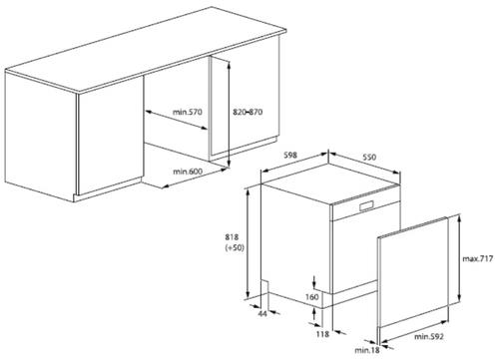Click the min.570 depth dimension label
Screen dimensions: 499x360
pyautogui.click(x=188, y=112)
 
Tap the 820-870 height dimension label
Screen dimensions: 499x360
pyautogui.click(x=248, y=112)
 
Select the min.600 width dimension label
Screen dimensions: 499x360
pyautogui.click(x=188, y=172)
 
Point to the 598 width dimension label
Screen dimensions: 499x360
pyautogui.click(x=290, y=156)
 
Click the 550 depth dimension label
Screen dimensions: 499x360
pyautogui.click(x=369, y=157)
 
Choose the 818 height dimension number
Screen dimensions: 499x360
pyautogui.click(x=232, y=237)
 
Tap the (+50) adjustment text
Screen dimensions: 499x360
pyautogui.click(x=235, y=247)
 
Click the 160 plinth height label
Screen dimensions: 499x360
pyautogui.click(x=312, y=297)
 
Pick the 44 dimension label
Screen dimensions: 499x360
pyautogui.click(x=262, y=313)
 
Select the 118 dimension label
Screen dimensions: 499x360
pyautogui.click(x=322, y=334)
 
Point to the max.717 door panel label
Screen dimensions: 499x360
pyautogui.click(x=478, y=258)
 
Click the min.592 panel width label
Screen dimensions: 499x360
pyautogui.click(x=429, y=337)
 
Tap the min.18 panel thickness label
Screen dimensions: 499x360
pyautogui.click(x=367, y=350)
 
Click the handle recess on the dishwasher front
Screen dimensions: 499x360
pyautogui.click(x=366, y=205)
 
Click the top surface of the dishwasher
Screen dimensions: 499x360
pyautogui.click(x=331, y=182)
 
